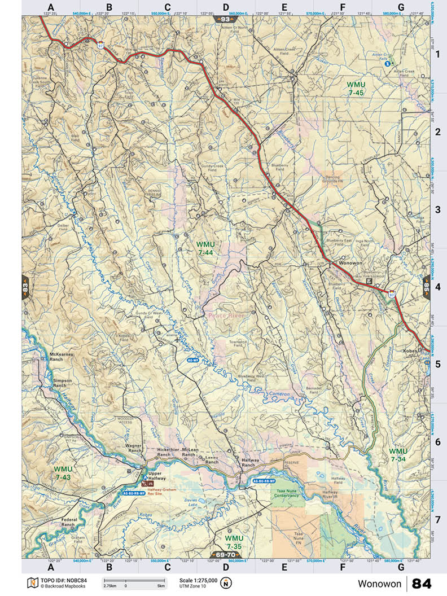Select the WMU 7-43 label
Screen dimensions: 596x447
[x=63, y=473]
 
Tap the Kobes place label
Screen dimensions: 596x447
[x=410, y=351]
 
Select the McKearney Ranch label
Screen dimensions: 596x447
[x=63, y=356]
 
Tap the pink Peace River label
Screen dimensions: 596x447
[x=226, y=315]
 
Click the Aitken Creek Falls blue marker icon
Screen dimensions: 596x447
[x=387, y=64]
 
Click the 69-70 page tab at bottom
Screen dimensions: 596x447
[x=224, y=555]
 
